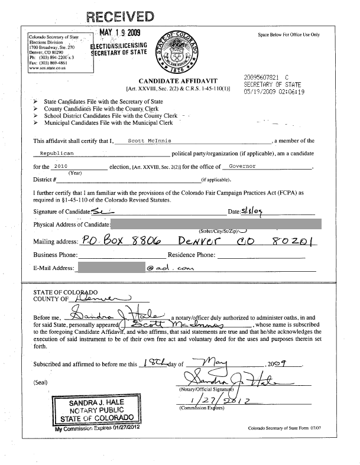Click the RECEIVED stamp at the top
point(121,16)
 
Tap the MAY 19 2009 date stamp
point(120,32)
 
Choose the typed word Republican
point(57,153)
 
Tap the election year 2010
point(61,167)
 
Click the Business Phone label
point(56,255)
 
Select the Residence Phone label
point(192,255)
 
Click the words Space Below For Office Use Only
point(288,35)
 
